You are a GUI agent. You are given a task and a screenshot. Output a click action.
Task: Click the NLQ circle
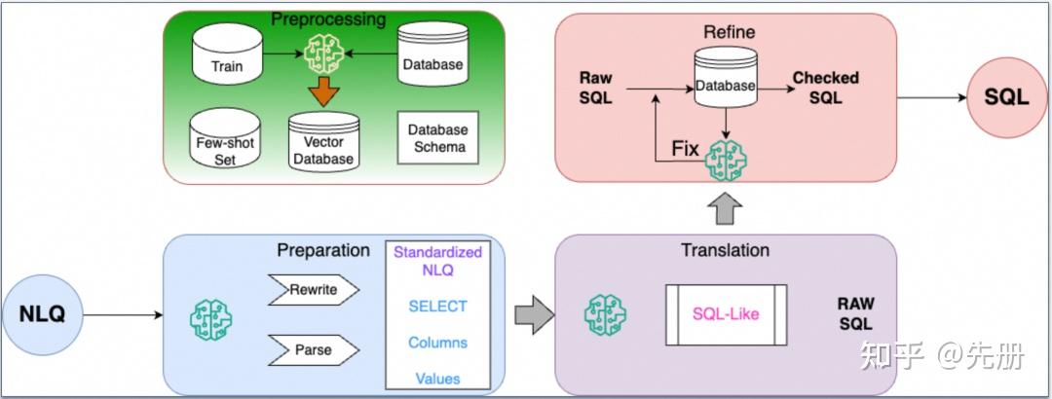tap(42, 314)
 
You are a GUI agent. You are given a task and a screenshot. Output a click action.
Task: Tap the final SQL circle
tap(1006, 97)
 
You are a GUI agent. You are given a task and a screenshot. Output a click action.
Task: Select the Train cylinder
tap(227, 55)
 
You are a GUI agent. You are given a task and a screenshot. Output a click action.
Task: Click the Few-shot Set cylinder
tap(225, 138)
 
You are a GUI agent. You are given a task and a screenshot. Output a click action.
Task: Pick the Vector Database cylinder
tap(324, 141)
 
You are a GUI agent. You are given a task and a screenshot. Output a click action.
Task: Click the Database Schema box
tap(438, 137)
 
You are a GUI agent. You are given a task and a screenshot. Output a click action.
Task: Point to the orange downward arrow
tap(324, 91)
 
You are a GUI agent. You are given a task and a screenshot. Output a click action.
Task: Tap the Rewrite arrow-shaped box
tap(314, 290)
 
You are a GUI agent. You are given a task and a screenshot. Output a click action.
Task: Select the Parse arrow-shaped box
tap(314, 349)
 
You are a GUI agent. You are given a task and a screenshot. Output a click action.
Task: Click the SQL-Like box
tap(726, 314)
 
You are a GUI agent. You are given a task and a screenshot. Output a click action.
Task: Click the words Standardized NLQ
tap(437, 262)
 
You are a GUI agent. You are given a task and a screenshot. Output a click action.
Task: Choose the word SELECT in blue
tap(437, 307)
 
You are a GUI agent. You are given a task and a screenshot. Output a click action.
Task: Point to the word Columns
tap(437, 342)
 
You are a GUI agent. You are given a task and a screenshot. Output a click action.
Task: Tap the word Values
tap(437, 379)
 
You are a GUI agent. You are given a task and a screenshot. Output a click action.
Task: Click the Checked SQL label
tap(825, 88)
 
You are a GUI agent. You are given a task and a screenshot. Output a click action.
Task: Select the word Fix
tap(686, 148)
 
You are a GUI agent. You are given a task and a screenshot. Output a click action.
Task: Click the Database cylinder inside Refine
tap(726, 77)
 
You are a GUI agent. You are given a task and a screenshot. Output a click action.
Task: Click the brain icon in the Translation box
tap(605, 314)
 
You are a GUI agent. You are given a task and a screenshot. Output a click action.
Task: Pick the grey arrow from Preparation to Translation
tap(535, 314)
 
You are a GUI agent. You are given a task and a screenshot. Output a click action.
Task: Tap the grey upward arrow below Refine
tap(726, 208)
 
